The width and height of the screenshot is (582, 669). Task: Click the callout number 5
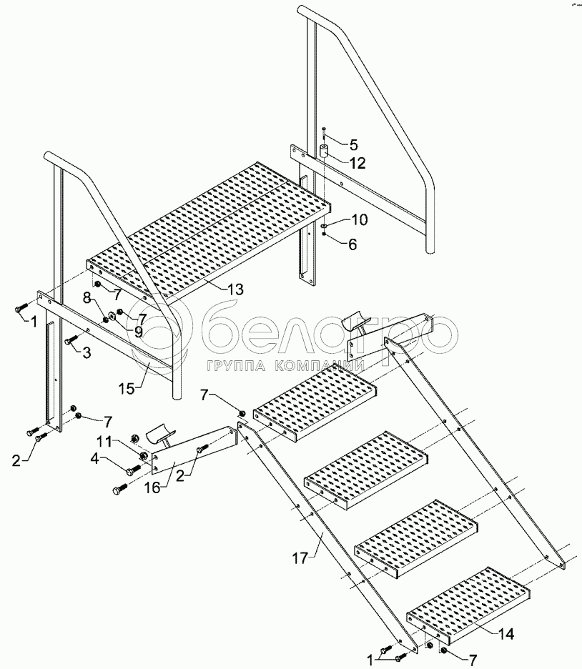click(x=354, y=144)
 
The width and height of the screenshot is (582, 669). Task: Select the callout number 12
click(x=357, y=163)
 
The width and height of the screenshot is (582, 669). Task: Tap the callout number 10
click(x=359, y=219)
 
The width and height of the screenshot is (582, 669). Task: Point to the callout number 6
click(x=352, y=244)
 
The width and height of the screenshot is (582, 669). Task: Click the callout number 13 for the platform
click(x=235, y=289)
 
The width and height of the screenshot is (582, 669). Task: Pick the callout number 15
click(x=127, y=389)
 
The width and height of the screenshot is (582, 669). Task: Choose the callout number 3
click(x=87, y=352)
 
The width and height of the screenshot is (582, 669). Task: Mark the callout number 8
click(x=87, y=297)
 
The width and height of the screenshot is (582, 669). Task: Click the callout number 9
click(x=138, y=332)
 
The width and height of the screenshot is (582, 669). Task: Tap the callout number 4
click(x=94, y=459)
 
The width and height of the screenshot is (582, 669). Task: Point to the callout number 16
click(x=152, y=487)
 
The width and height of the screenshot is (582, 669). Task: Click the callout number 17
click(x=300, y=558)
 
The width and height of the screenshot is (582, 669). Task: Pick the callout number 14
click(x=505, y=633)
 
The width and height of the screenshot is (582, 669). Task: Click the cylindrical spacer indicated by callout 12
click(x=325, y=151)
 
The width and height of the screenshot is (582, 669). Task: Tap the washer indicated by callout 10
click(x=325, y=225)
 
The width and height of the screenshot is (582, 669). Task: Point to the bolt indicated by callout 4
click(x=134, y=470)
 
